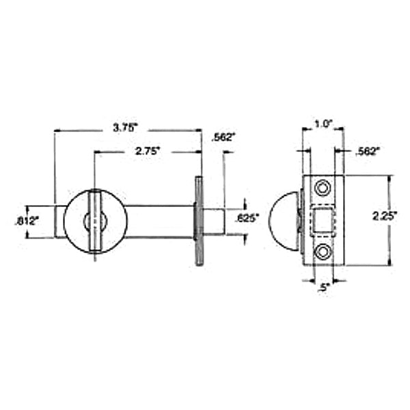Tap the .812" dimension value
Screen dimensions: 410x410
click(27, 221)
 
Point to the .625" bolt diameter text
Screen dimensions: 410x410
click(247, 219)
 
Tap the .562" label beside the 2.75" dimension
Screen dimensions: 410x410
click(224, 137)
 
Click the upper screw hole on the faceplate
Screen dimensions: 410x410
click(323, 187)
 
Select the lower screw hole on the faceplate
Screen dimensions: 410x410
click(323, 252)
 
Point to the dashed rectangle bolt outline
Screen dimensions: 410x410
click(323, 219)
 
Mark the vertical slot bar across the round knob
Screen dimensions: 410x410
click(95, 220)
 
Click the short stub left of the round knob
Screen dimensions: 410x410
click(59, 221)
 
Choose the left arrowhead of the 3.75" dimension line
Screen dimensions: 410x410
click(57, 129)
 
